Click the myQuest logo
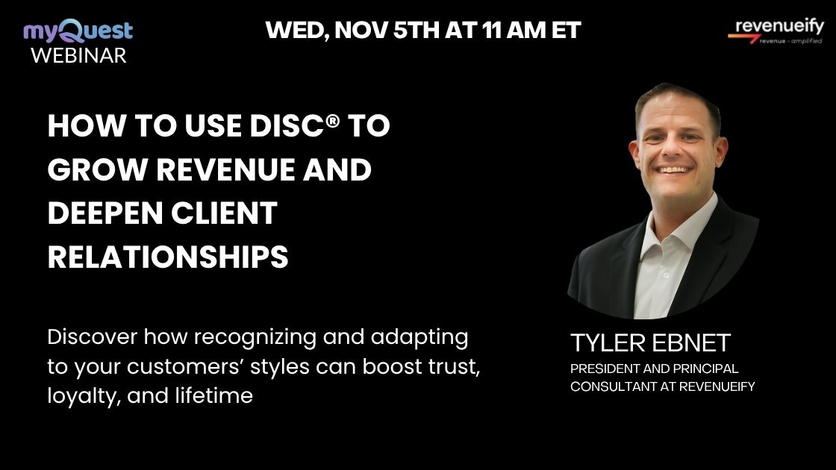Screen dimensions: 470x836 click(x=78, y=31)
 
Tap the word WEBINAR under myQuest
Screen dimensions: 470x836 click(x=78, y=55)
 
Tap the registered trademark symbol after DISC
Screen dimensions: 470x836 click(x=332, y=122)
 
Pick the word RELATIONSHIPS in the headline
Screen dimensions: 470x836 click(x=168, y=257)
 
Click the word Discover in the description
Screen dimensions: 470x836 click(x=92, y=337)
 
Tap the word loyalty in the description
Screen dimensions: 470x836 click(x=83, y=396)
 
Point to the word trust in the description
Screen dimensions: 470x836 click(x=445, y=366)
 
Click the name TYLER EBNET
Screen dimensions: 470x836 click(x=650, y=343)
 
